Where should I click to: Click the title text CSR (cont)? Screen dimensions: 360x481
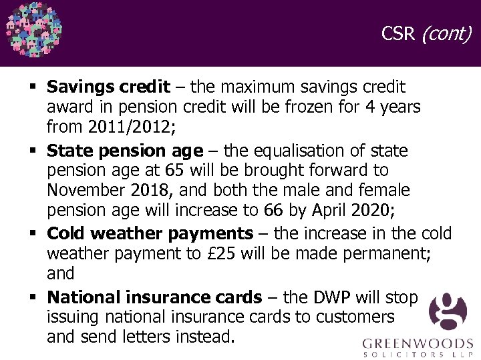(426, 33)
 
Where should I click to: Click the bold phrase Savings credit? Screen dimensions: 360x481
(108, 87)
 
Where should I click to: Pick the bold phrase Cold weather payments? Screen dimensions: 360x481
(150, 233)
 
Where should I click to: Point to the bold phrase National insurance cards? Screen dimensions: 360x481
(154, 297)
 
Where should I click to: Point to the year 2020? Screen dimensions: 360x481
(370, 211)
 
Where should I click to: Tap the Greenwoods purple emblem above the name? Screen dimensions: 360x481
(448, 313)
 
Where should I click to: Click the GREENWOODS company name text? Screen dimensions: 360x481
(416, 344)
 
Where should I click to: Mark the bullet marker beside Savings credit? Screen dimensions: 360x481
(33, 87)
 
